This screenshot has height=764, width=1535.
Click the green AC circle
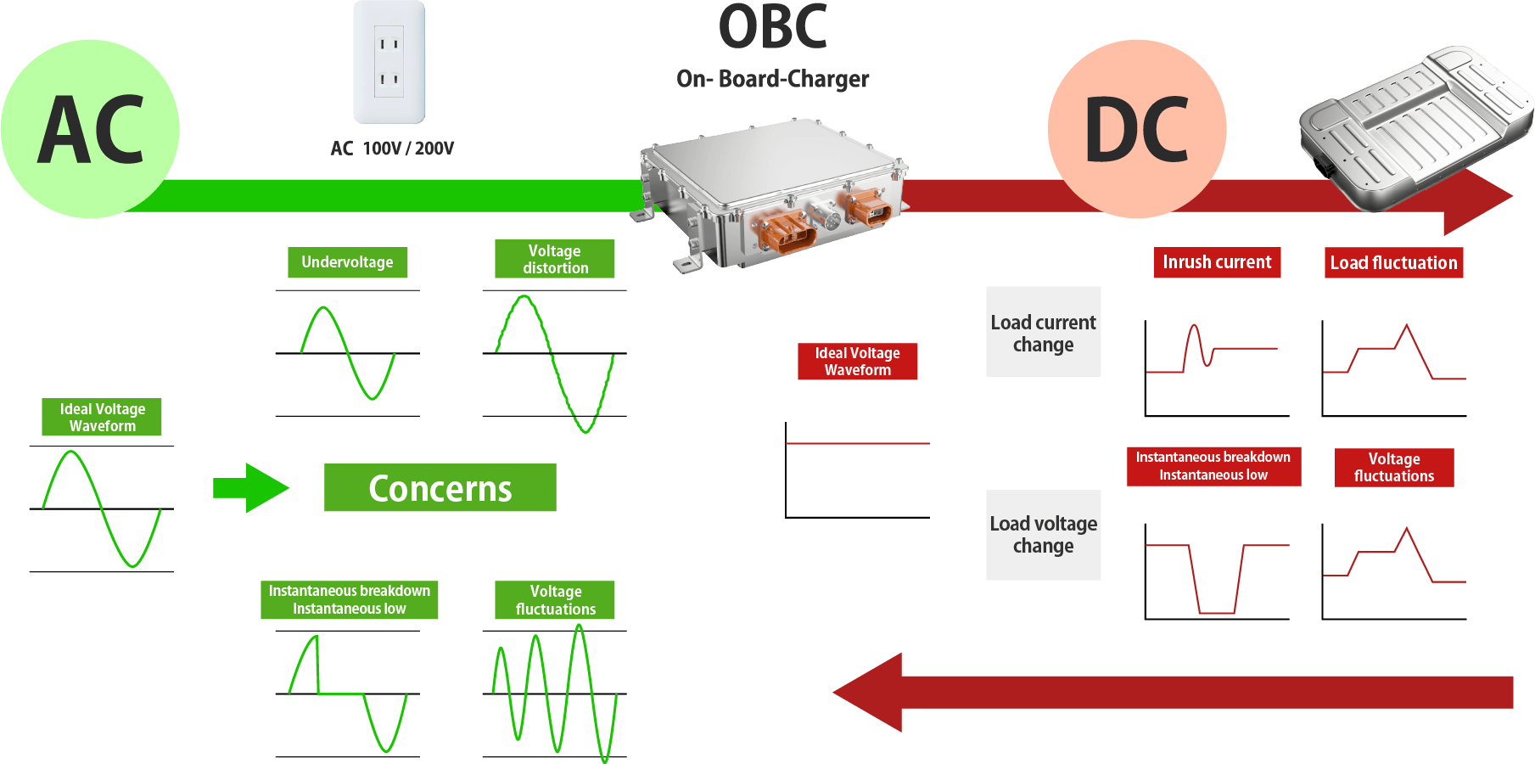click(90, 129)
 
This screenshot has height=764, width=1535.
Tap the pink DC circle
click(1137, 129)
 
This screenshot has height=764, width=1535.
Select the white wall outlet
click(389, 62)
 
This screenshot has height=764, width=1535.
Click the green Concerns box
click(440, 488)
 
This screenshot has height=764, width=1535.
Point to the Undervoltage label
click(348, 262)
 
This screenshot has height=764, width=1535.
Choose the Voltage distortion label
click(555, 259)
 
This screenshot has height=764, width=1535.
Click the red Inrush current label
click(1217, 262)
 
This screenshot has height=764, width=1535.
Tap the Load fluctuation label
click(1393, 263)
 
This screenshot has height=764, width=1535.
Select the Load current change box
click(1043, 332)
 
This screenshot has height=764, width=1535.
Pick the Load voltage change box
click(1043, 535)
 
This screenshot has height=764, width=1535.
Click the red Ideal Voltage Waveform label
click(857, 362)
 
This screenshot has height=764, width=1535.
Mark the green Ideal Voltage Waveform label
click(102, 418)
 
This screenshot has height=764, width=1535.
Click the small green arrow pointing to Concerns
click(251, 488)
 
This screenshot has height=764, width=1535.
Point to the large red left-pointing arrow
click(1171, 692)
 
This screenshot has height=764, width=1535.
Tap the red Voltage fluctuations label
click(1393, 468)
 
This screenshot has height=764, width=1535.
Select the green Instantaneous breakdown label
click(349, 599)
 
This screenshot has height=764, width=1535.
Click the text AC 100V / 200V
click(392, 149)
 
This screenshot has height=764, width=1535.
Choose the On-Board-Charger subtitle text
click(772, 79)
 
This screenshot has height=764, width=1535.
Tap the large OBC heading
click(772, 27)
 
